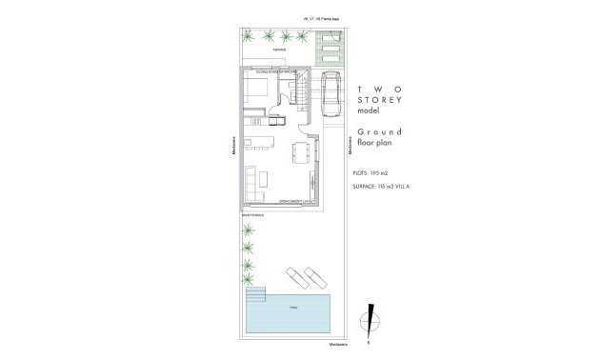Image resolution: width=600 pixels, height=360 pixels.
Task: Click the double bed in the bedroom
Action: pos(258,91)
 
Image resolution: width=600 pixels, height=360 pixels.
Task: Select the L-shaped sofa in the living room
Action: pos(254,181)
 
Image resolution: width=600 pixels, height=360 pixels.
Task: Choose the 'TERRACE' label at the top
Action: pos(278,49)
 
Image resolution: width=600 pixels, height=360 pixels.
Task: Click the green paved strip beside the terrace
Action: pos(329,45)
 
